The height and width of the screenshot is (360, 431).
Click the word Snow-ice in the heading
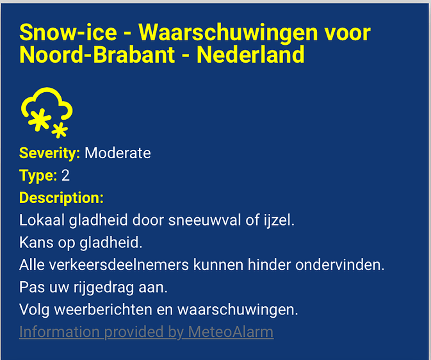pyautogui.click(x=68, y=33)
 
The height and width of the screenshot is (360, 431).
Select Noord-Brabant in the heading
pyautogui.click(x=97, y=54)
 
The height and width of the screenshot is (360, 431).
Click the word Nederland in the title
pyautogui.click(x=250, y=54)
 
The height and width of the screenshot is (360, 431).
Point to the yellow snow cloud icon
pyautogui.click(x=47, y=112)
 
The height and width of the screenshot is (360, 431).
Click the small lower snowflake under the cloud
pyautogui.click(x=60, y=131)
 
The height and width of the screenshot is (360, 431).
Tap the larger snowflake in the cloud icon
pyautogui.click(x=40, y=120)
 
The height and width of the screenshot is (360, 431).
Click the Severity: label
pyautogui.click(x=49, y=153)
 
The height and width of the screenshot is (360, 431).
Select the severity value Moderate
pyautogui.click(x=118, y=153)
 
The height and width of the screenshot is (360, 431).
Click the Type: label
pyautogui.click(x=38, y=176)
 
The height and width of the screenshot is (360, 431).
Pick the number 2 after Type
pyautogui.click(x=65, y=176)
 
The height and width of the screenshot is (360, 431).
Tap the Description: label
pyautogui.click(x=61, y=198)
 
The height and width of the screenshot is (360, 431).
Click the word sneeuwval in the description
pyautogui.click(x=204, y=220)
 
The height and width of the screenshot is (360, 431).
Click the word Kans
pyautogui.click(x=37, y=243)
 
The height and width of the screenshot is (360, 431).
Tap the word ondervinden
pyautogui.click(x=340, y=265)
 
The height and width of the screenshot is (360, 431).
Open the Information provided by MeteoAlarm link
pyautogui.click(x=146, y=332)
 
